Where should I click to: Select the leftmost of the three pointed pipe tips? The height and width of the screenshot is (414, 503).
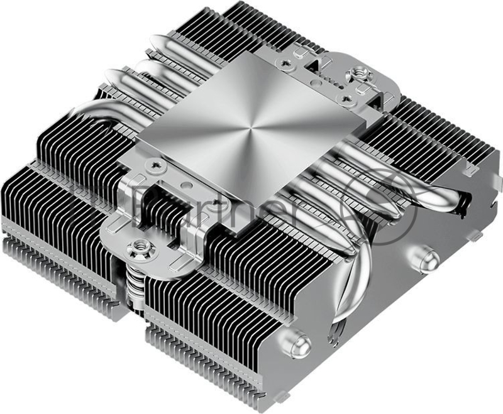pyautogui.click(x=113, y=75)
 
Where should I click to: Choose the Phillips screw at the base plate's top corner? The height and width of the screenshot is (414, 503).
pyautogui.click(x=290, y=62)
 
